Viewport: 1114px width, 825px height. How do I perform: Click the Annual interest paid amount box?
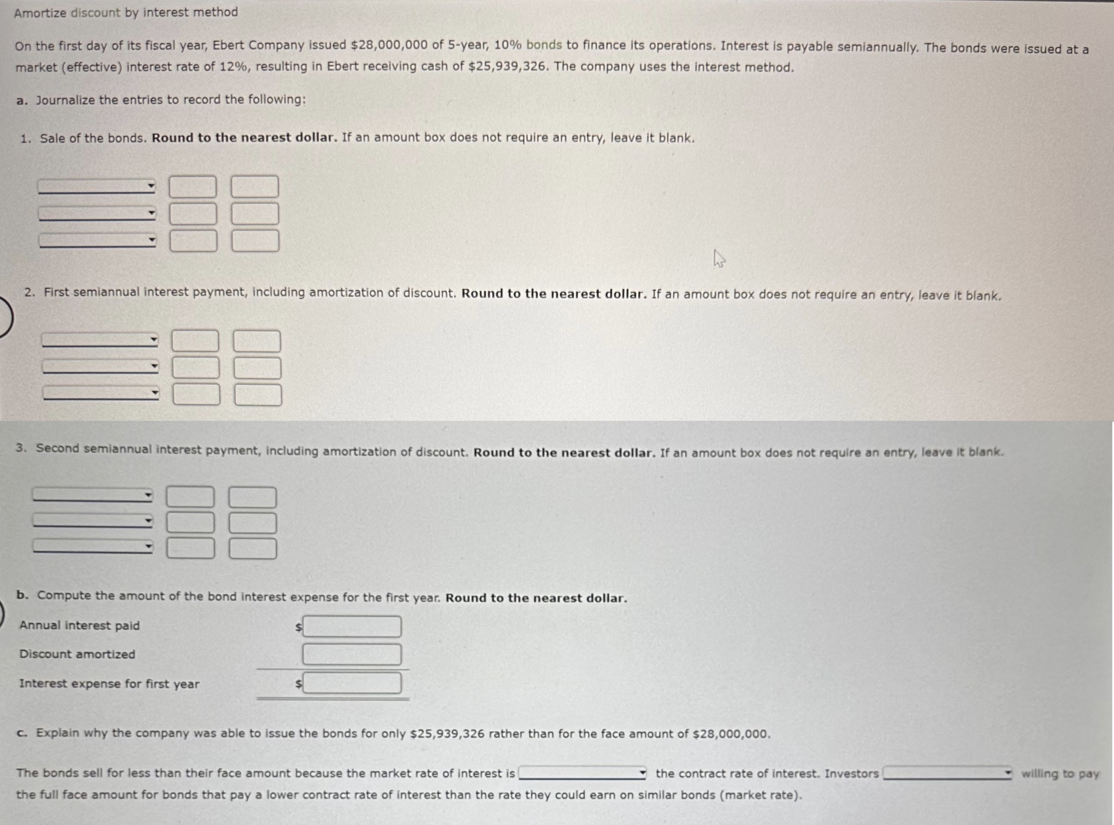(x=352, y=626)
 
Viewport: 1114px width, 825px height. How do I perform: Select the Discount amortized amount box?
(x=352, y=654)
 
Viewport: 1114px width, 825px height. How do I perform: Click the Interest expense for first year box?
(x=352, y=683)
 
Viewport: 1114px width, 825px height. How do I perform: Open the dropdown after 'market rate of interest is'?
(x=582, y=773)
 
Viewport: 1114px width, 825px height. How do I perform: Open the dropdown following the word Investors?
(x=947, y=773)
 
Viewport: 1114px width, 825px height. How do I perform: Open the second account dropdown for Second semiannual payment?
(x=93, y=521)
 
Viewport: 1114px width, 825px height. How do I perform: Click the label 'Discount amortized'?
(x=77, y=654)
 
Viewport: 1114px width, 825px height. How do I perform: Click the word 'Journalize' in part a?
(x=65, y=100)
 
